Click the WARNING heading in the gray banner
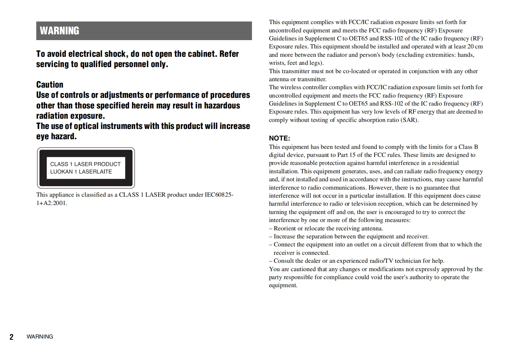pos(59,31)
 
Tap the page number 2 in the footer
pos(12,337)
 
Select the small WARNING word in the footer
pos(40,337)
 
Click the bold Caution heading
pos(50,85)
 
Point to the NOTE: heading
pos(279,138)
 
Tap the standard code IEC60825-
pos(219,195)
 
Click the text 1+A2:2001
pos(52,203)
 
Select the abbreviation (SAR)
pos(410,120)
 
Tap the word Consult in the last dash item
pos(284,261)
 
